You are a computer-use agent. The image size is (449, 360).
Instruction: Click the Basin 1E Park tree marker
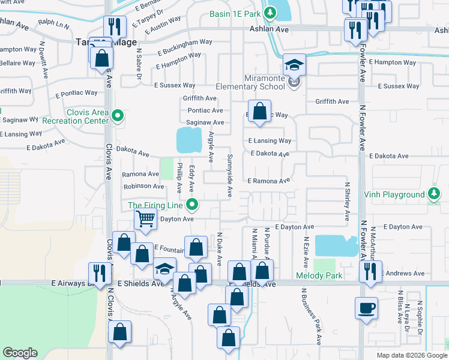pos(271,13)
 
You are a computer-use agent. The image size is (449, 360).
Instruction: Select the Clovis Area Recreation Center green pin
pos(118,116)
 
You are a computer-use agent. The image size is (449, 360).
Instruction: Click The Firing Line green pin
pos(192,205)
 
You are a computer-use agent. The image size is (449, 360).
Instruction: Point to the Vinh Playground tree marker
pos(434,194)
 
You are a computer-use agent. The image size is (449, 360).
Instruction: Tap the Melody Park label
pos(319,275)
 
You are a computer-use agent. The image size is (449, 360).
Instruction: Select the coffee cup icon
pos(366,308)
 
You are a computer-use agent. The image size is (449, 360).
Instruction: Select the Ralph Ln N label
pos(53,25)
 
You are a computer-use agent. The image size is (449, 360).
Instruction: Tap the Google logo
pos(20,353)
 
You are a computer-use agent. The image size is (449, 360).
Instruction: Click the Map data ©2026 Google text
pos(411,355)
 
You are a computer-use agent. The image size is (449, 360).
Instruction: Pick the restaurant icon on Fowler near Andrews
pos(370,272)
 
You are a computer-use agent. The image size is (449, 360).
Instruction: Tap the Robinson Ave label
pos(143,187)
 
